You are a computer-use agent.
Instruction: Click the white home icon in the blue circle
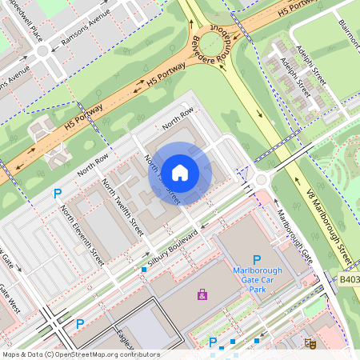pos(180,172)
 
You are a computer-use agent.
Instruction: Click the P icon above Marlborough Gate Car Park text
pos(257,259)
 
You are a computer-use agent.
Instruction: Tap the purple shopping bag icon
pos(202,295)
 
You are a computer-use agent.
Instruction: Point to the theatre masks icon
pos(310,342)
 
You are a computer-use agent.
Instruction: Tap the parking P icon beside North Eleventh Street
pos(57,194)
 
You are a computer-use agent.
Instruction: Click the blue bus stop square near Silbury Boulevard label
pos(144,270)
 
